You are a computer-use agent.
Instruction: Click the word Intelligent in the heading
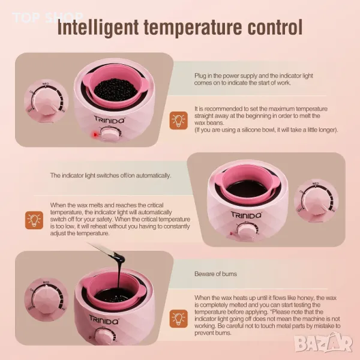tap(98, 28)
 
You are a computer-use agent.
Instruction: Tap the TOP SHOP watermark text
tap(47, 17)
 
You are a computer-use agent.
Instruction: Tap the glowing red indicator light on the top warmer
tap(95, 134)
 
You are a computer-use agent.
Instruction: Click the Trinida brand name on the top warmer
tap(110, 119)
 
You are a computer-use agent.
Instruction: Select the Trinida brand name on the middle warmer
tap(246, 215)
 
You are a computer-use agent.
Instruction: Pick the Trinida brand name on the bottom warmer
tap(104, 320)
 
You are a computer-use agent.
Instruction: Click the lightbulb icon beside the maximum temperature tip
tap(179, 121)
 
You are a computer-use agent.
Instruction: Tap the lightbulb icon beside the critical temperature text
tap(34, 220)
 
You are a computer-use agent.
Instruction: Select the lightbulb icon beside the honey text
tap(179, 319)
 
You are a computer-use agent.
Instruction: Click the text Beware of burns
tap(215, 274)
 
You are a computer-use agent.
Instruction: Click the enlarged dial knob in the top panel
tap(46, 101)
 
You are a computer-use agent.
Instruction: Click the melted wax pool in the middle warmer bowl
tap(247, 189)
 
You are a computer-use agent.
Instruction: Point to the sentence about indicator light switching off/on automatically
tap(110, 175)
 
